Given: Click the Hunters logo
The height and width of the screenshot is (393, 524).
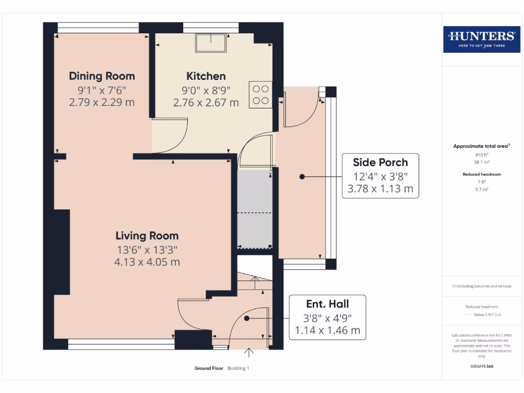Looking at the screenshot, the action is click(482, 39).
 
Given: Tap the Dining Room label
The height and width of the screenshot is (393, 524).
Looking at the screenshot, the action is click(102, 76).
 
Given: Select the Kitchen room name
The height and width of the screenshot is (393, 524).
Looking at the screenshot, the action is click(206, 76).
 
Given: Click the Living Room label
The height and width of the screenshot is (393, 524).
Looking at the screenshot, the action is click(147, 236).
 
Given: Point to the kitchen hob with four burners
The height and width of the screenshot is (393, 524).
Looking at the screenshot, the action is click(260, 95).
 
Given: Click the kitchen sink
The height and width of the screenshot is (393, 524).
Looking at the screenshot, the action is click(211, 42).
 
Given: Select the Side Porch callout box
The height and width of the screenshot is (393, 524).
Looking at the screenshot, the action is click(380, 176).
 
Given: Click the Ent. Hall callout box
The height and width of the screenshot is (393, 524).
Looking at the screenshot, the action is click(327, 317).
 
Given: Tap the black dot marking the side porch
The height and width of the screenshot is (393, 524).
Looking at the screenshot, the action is click(302, 177).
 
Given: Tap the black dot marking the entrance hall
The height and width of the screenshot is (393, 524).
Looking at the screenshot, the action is click(247, 318).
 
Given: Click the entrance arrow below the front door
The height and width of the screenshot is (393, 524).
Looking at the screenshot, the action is click(249, 353).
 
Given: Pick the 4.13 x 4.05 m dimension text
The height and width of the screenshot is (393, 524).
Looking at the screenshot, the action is click(147, 262).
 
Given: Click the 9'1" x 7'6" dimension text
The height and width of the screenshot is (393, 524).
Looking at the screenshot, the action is click(102, 90).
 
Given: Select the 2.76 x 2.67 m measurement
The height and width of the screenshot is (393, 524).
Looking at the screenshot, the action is click(206, 102).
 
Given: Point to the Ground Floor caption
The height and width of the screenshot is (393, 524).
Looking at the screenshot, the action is click(209, 368).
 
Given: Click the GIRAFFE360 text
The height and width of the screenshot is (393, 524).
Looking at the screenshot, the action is click(482, 366).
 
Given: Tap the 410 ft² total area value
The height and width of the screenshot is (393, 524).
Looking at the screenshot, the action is click(482, 155).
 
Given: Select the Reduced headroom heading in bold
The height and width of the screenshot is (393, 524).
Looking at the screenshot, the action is click(482, 174).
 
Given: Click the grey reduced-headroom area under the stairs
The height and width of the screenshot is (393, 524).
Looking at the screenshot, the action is click(255, 209).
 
